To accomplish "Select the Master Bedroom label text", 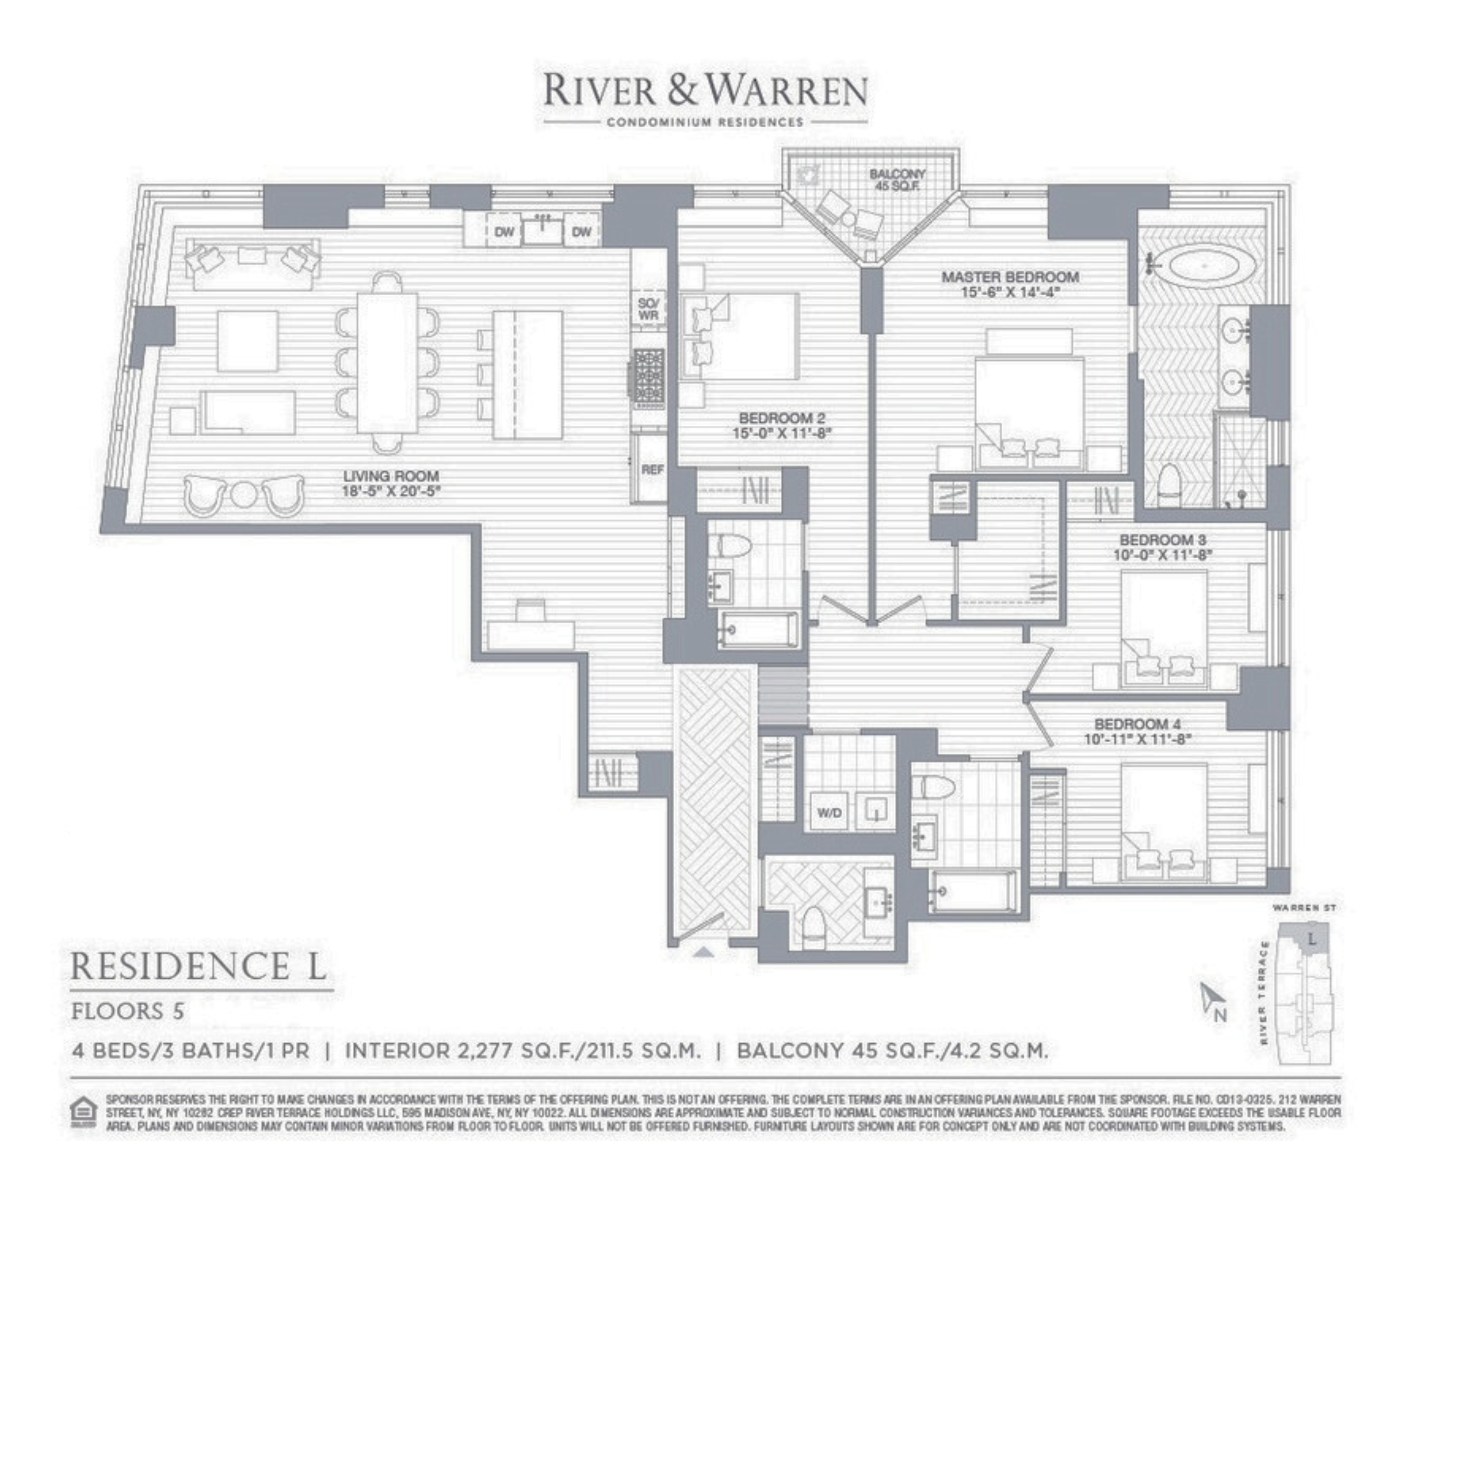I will [1010, 283].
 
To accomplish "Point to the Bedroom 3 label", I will [1163, 547].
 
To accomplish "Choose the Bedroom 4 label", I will [1137, 731].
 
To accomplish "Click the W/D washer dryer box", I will [830, 813].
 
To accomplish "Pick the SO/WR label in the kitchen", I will [649, 308].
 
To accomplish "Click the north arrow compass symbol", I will [1212, 1001].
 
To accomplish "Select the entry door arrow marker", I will [705, 951].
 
